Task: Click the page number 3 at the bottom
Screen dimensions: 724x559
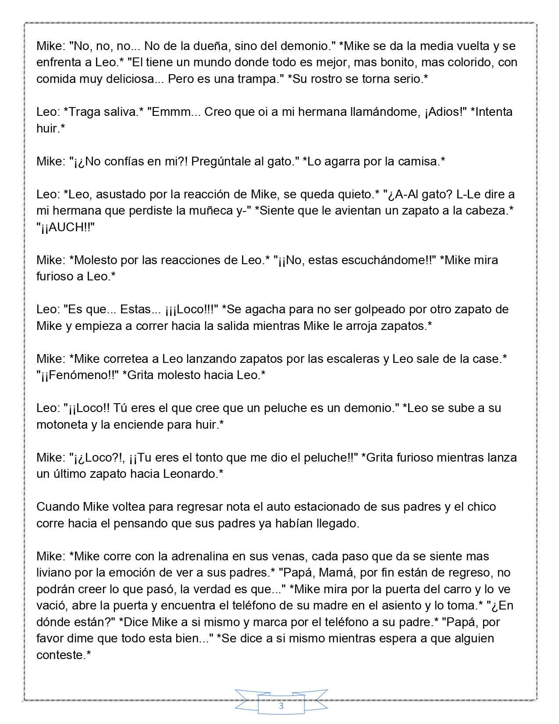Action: pos(281,706)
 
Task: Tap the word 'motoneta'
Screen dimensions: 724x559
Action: pos(62,425)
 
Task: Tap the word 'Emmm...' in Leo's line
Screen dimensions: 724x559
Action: pos(172,112)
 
